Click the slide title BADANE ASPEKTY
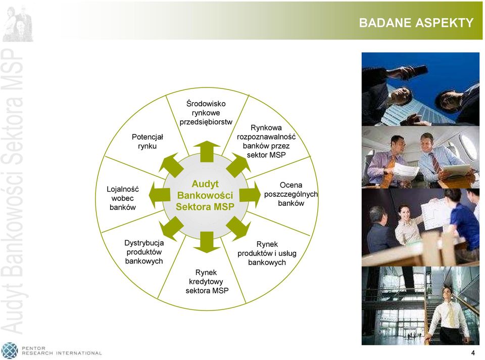point(416,23)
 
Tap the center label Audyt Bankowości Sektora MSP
point(205,195)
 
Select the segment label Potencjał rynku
point(147,142)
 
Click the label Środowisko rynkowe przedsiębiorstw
point(206,113)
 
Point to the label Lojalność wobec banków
point(122,198)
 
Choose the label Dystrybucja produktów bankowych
point(144,252)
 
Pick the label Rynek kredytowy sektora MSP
point(207,281)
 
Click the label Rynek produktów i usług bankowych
point(267,253)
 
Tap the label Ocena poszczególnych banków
point(291,194)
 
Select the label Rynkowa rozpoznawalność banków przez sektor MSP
point(266,141)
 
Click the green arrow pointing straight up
point(207,151)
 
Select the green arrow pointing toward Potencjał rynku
point(171,165)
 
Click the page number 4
point(473,353)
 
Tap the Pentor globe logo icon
point(10,351)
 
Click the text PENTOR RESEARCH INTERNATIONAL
point(62,351)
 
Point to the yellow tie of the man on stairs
point(451,314)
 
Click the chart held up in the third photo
point(436,213)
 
